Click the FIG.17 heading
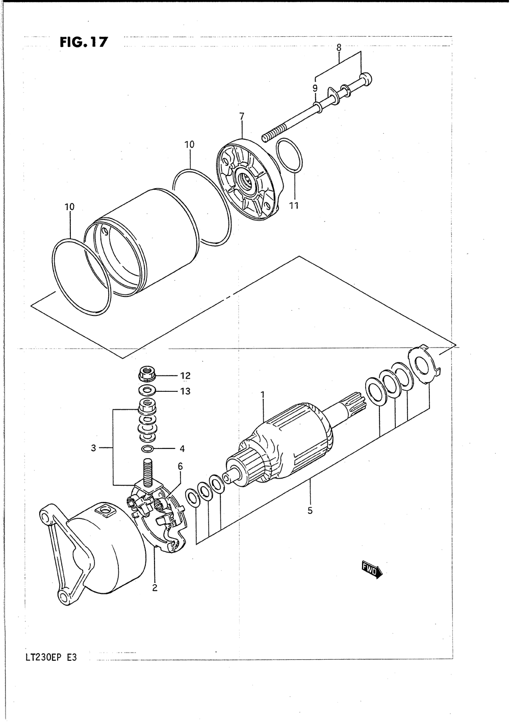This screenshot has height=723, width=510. pyautogui.click(x=84, y=42)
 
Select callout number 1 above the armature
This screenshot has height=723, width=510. pyautogui.click(x=263, y=394)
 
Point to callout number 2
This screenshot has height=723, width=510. pyautogui.click(x=154, y=587)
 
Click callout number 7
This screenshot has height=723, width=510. pyautogui.click(x=242, y=116)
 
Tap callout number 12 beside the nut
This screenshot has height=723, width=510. pyautogui.click(x=185, y=376)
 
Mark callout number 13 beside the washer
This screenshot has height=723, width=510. pyautogui.click(x=185, y=391)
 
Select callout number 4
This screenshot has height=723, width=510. pyautogui.click(x=182, y=449)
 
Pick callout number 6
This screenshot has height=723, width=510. pyautogui.click(x=180, y=466)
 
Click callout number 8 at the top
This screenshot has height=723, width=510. pyautogui.click(x=339, y=47)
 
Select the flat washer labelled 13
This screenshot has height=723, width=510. pyautogui.click(x=147, y=391)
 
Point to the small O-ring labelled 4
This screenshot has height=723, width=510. pyautogui.click(x=147, y=449)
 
